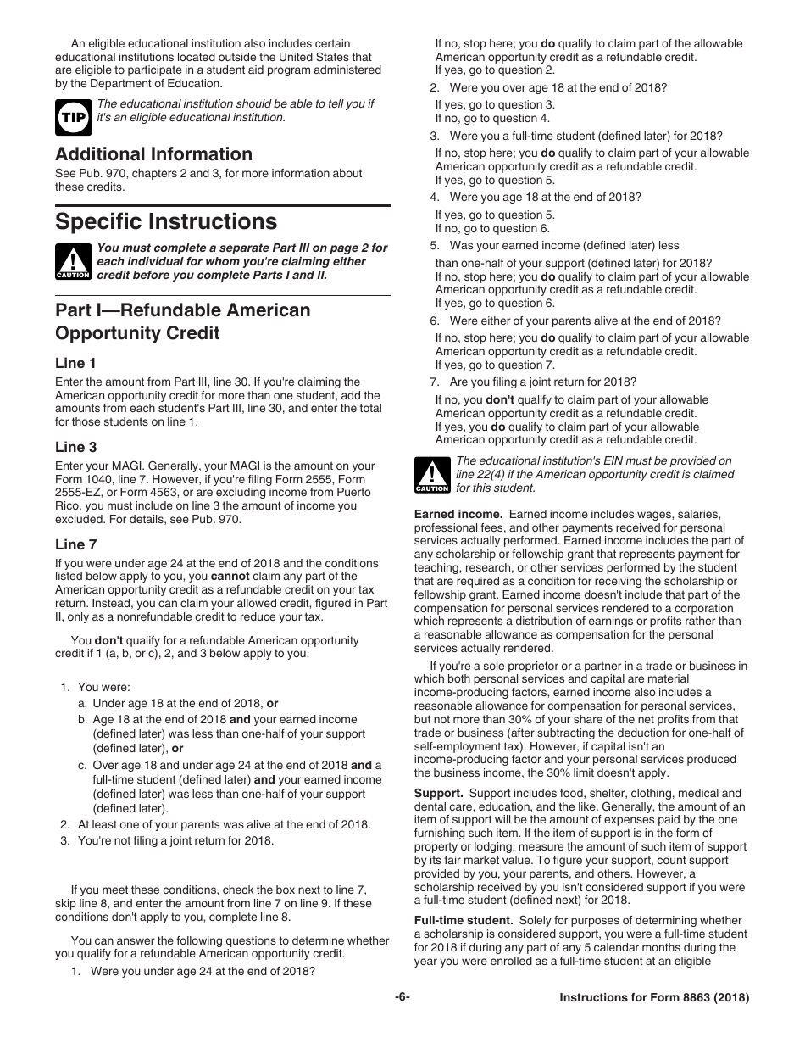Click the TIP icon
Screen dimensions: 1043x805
point(73,117)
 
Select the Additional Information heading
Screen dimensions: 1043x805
point(153,153)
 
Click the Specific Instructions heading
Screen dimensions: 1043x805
point(166,221)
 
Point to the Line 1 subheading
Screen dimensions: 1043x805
point(75,363)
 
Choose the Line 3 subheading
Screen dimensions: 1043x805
point(75,447)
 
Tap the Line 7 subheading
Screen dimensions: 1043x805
point(75,544)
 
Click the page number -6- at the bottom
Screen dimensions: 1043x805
point(402,998)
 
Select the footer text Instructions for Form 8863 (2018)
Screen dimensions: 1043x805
point(654,998)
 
